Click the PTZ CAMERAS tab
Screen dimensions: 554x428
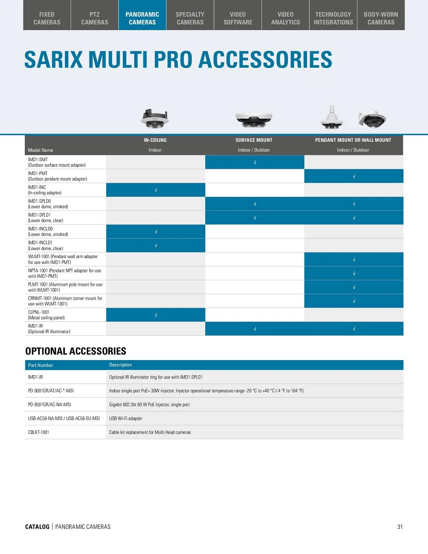click(94, 18)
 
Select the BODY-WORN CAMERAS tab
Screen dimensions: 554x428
click(381, 18)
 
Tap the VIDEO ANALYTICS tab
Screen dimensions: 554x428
click(285, 18)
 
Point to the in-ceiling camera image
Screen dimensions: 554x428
click(155, 118)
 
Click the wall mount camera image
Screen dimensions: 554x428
click(372, 119)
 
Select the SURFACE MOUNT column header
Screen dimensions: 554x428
click(254, 140)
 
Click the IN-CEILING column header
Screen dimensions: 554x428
click(155, 140)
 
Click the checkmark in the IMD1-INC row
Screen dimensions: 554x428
click(156, 190)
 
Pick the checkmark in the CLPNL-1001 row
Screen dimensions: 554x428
click(156, 315)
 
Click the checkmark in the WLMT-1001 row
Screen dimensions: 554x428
click(354, 259)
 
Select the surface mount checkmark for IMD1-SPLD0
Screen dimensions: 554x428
click(255, 204)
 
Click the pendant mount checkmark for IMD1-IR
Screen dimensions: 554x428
click(354, 329)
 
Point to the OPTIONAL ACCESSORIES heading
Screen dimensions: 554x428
click(76, 351)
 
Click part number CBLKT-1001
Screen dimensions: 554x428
click(39, 432)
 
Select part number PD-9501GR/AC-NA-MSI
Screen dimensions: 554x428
click(50, 405)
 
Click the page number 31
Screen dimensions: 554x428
click(400, 527)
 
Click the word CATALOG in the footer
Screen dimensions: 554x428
click(37, 527)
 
